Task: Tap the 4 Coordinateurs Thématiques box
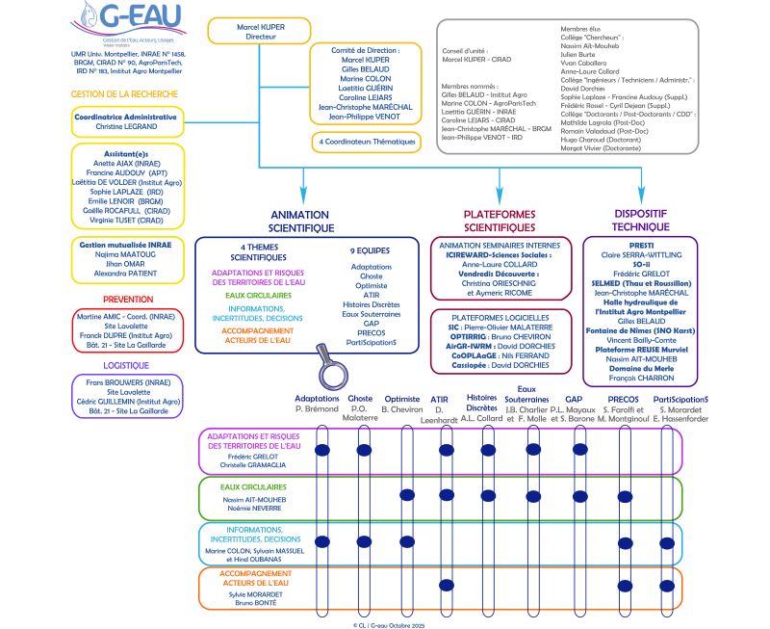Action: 369,142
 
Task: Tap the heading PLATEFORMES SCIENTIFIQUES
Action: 500,221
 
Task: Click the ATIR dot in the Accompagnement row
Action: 446,588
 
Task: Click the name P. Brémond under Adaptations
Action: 318,408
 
